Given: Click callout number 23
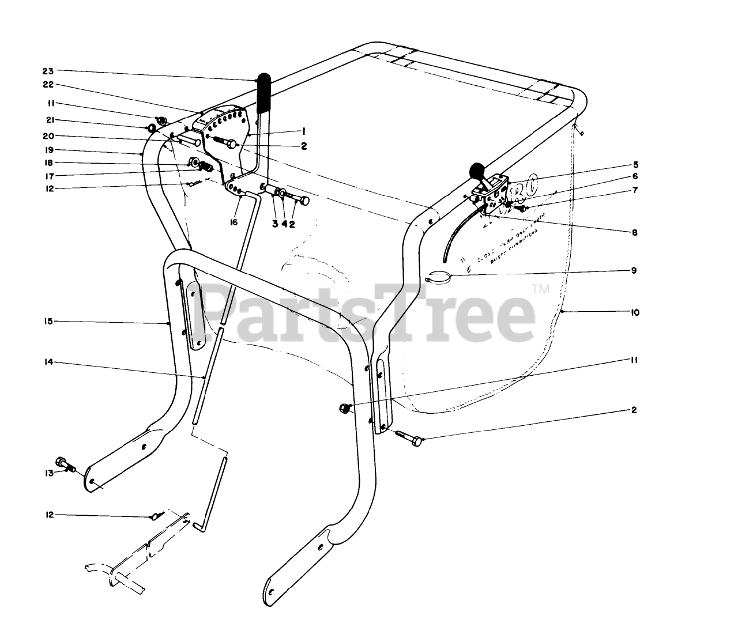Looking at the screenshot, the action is pyautogui.click(x=47, y=71).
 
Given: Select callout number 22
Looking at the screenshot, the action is pyautogui.click(x=47, y=84).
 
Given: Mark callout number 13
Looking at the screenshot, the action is pyautogui.click(x=50, y=473).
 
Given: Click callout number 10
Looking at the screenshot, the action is pyautogui.click(x=635, y=312).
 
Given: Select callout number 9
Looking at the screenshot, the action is pyautogui.click(x=634, y=270).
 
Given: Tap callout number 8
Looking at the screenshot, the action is pyautogui.click(x=634, y=233).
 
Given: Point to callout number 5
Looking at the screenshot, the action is pyautogui.click(x=634, y=164).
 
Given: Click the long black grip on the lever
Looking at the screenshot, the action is pyautogui.click(x=265, y=92).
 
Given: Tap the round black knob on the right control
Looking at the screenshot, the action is pyautogui.click(x=477, y=170).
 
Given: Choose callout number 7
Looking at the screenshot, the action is pyautogui.click(x=634, y=190).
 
